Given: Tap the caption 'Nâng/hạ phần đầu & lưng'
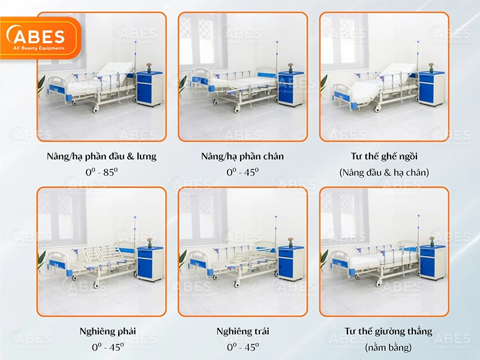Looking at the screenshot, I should click(x=101, y=157).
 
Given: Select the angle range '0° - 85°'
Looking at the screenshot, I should click(x=101, y=172).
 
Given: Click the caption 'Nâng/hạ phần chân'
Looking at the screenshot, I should click(x=242, y=157).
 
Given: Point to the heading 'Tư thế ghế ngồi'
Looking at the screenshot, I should click(x=384, y=157).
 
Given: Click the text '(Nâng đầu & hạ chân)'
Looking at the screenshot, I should click(x=384, y=173).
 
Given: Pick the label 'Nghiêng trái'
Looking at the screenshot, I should click(x=242, y=331).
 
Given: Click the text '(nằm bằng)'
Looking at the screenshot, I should click(x=384, y=347).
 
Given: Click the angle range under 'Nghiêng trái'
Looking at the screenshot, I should click(x=242, y=347).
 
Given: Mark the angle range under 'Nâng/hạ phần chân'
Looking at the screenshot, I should click(x=242, y=172).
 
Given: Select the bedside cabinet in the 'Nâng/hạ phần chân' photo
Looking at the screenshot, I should click(x=291, y=89).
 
